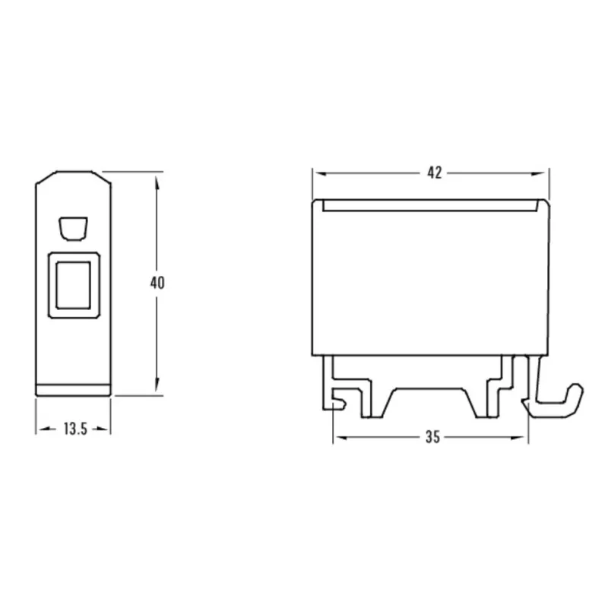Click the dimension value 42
pyautogui.click(x=434, y=173)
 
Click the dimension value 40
pyautogui.click(x=157, y=283)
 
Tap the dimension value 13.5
pyautogui.click(x=75, y=429)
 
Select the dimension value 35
pyautogui.click(x=432, y=437)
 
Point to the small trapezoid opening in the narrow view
pyautogui.click(x=73, y=229)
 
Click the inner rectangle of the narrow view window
pyautogui.click(x=73, y=285)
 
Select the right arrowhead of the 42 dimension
pyautogui.click(x=538, y=174)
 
